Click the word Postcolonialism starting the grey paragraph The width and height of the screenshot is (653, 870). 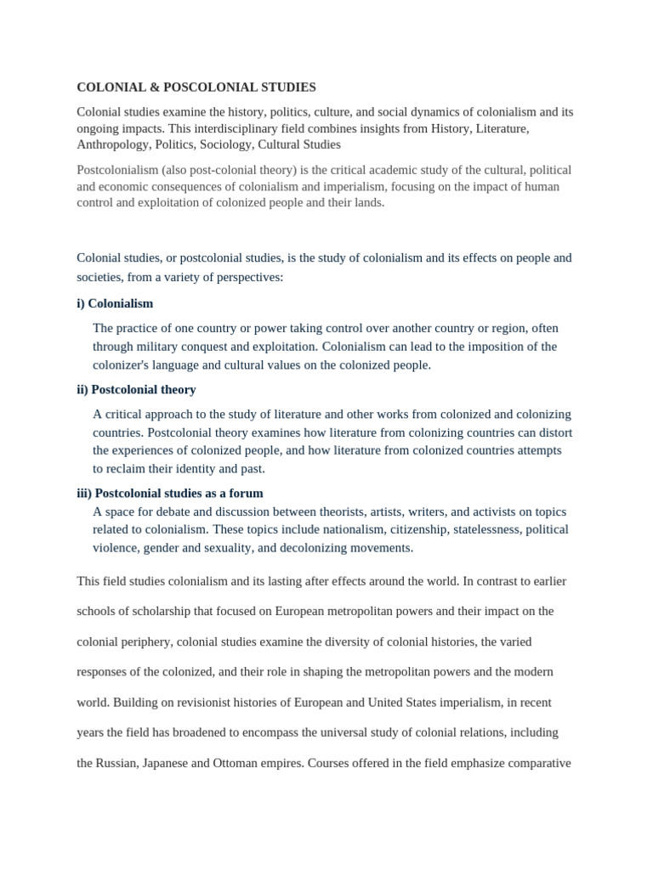119,170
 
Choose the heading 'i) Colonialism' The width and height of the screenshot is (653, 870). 115,303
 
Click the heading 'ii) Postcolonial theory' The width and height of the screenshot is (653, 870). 136,389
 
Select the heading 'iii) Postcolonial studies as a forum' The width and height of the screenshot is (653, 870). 170,493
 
